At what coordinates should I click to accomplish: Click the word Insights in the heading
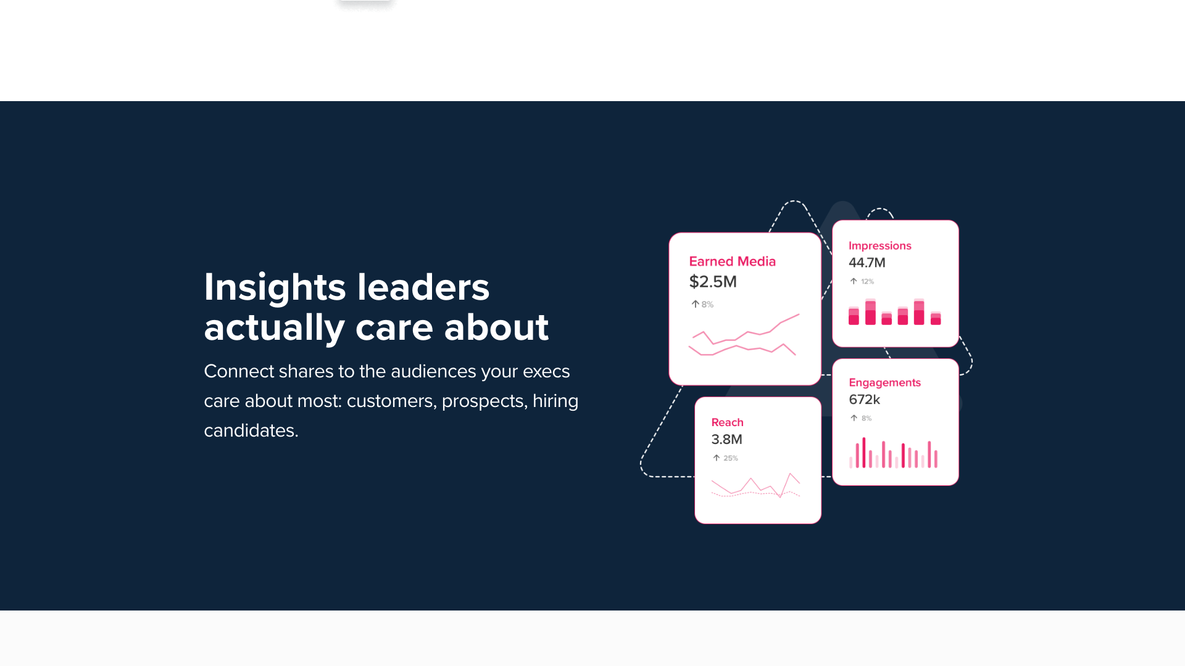point(275,287)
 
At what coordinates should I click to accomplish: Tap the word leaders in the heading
point(423,287)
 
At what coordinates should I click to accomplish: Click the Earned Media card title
point(732,261)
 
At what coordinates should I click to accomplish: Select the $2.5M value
point(713,282)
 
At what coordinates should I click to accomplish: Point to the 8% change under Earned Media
point(707,305)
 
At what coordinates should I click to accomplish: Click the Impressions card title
point(879,245)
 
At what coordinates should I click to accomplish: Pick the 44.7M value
point(867,263)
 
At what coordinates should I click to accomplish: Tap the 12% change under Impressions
point(867,282)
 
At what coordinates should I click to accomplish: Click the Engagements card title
point(884,382)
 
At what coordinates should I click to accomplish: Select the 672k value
point(864,400)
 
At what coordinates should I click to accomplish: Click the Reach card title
point(727,422)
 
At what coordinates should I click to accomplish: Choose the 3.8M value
point(726,440)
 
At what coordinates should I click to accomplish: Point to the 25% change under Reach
point(731,458)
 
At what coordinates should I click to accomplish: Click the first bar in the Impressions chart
point(854,316)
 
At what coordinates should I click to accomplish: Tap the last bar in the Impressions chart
point(936,318)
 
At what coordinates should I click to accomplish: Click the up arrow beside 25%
point(717,458)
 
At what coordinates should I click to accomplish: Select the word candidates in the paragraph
point(251,430)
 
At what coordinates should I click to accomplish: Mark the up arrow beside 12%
point(854,281)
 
